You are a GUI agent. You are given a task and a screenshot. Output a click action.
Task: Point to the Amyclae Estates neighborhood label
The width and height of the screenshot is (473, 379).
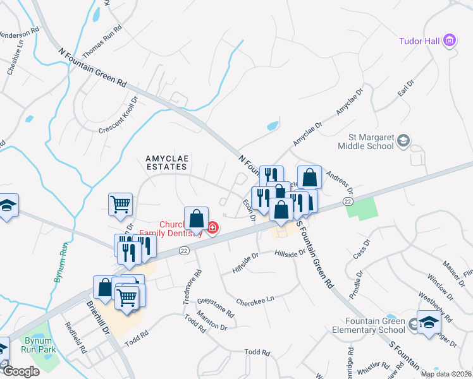[167, 162]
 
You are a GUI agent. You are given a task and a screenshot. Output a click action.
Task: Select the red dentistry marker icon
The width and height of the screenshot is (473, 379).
[212, 227]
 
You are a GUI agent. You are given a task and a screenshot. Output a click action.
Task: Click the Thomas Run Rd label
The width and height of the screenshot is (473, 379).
[102, 39]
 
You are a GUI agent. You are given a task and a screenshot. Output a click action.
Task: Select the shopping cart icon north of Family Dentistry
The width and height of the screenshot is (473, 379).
[120, 204]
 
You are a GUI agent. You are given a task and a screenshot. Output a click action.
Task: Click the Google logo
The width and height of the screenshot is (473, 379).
[21, 371]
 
